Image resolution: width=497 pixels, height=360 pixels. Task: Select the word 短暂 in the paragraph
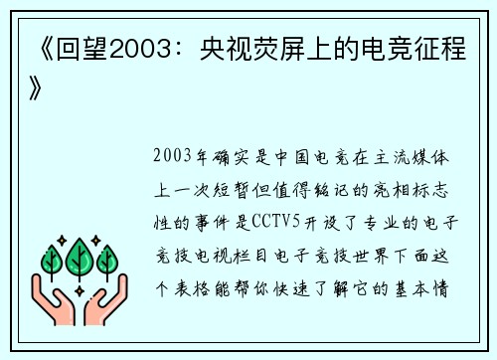[x=244, y=185]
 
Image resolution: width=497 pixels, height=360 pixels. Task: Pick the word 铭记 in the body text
[x=334, y=185]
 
